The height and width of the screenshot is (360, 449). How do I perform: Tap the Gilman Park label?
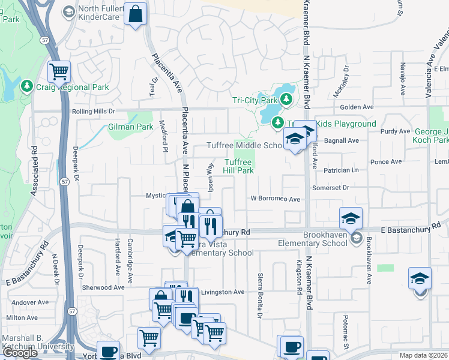(x=131, y=127)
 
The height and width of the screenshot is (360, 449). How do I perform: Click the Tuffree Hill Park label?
(x=240, y=166)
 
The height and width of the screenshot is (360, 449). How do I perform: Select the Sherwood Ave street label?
(x=103, y=287)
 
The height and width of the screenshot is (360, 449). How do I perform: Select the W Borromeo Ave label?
(x=275, y=199)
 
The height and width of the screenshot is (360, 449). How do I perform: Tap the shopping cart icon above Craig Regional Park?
(x=59, y=71)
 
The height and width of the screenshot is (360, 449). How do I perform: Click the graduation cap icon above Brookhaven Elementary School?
(x=351, y=218)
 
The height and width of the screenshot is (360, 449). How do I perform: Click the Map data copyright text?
(x=424, y=355)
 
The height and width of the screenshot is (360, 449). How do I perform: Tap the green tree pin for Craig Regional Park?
(x=26, y=87)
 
